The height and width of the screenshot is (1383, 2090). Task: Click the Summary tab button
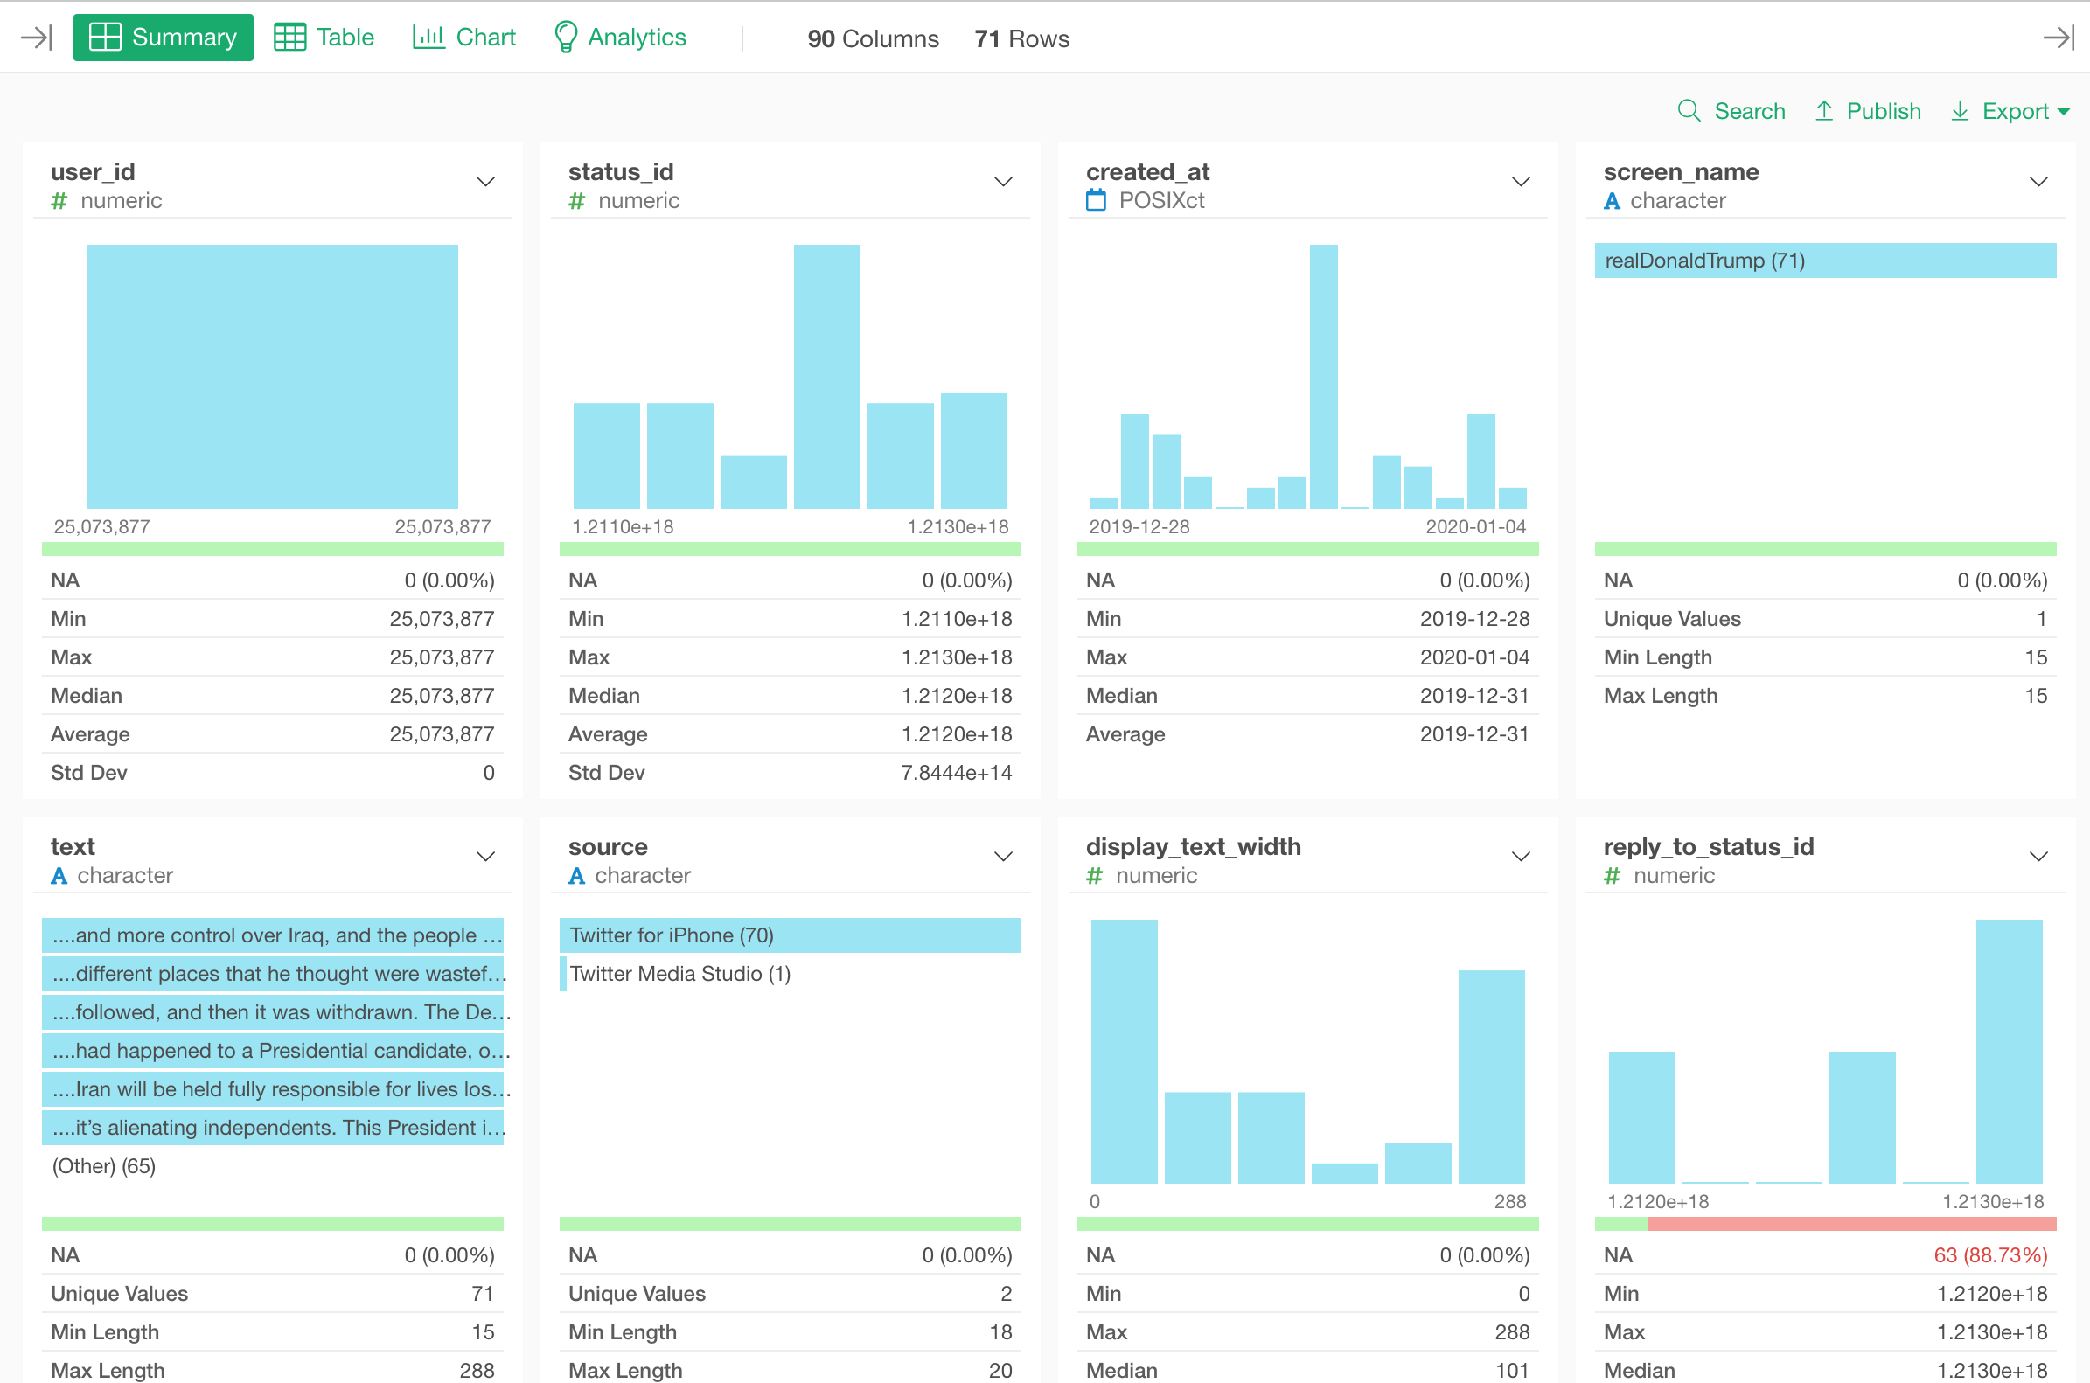pos(164,37)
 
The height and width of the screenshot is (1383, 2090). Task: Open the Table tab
pos(324,37)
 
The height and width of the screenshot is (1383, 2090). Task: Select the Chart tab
pos(464,37)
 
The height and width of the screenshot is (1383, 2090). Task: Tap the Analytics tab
pos(619,37)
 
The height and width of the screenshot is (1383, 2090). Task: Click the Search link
pos(1731,111)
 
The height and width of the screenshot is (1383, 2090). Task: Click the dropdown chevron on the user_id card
pos(485,183)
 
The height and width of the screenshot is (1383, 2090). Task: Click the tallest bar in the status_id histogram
pos(826,377)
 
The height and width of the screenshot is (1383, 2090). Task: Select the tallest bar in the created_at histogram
pos(1323,377)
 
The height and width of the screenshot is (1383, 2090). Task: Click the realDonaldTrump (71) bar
pos(1824,261)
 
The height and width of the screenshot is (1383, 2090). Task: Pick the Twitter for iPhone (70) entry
pos(790,935)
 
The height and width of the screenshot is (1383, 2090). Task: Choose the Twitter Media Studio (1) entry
pos(679,974)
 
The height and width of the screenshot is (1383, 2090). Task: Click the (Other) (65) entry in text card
pos(104,1166)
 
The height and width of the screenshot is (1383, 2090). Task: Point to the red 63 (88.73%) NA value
pos(1989,1255)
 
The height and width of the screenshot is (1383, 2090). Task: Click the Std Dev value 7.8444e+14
pos(957,773)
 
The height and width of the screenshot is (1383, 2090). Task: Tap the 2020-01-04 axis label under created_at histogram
pos(1475,526)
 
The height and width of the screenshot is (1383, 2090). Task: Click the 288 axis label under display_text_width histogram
pos(1509,1201)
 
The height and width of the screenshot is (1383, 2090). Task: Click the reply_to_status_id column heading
pos(1708,847)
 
